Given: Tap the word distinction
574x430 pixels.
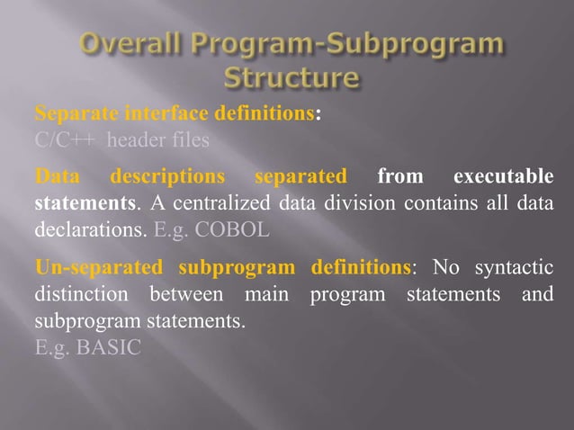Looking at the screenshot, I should (76, 293).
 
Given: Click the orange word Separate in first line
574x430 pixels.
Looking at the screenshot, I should (72, 115).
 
